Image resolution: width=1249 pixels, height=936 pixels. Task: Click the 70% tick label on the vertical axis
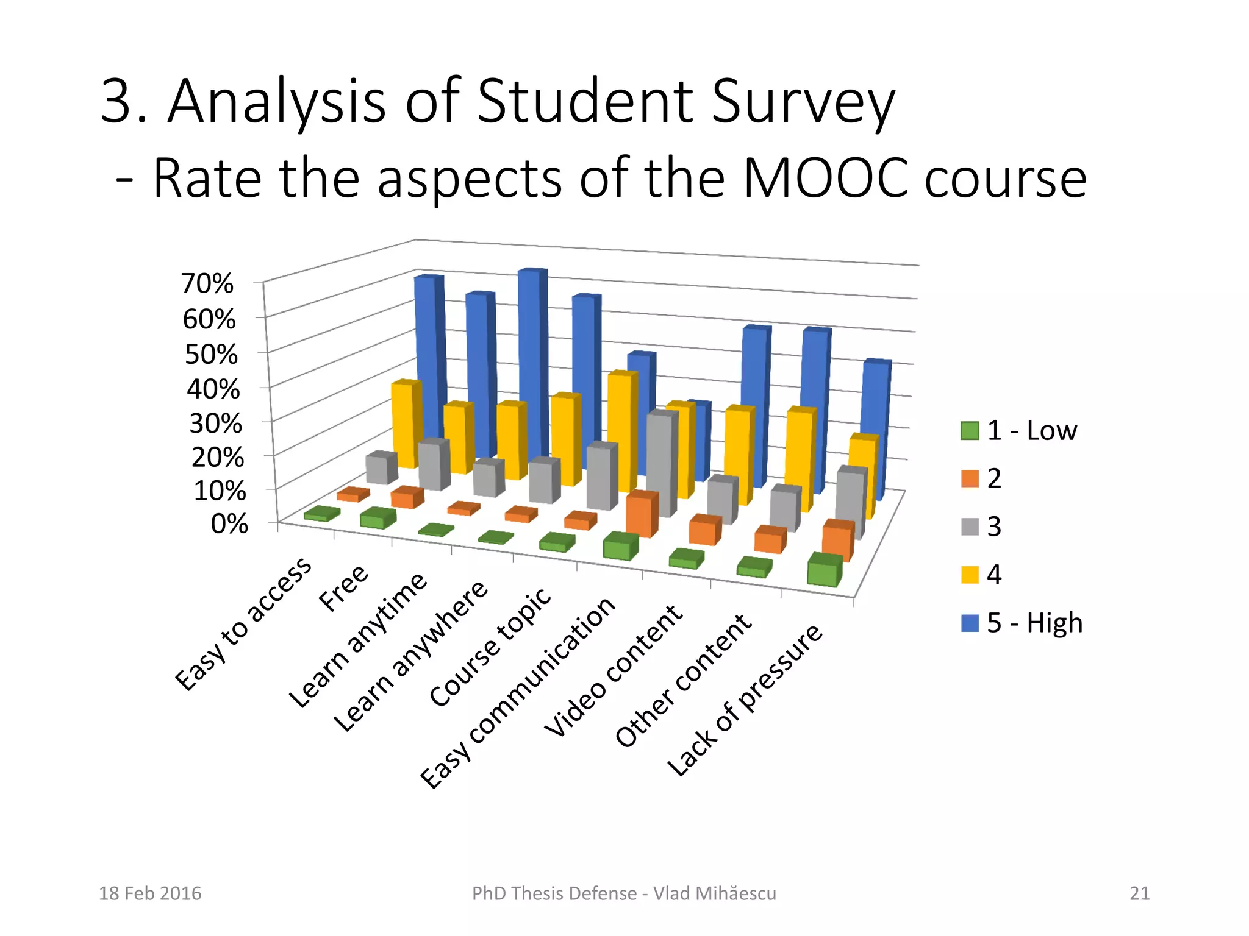coord(207,284)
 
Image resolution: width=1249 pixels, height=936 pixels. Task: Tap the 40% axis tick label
coord(213,389)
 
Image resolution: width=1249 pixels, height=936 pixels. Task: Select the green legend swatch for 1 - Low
coord(969,430)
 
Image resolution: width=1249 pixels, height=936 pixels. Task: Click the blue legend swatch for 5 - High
coord(969,623)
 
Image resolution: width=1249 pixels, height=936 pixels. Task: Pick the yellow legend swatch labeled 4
coord(969,575)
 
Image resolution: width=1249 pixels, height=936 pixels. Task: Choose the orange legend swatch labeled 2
coord(969,478)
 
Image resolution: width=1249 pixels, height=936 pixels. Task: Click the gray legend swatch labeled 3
coord(969,526)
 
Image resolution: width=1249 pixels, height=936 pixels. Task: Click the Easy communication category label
coord(519,691)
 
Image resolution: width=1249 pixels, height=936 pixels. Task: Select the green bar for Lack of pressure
coord(825,573)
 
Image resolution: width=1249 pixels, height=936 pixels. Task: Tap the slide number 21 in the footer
coord(1139,893)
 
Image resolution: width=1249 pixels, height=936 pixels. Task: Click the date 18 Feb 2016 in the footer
coord(150,893)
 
